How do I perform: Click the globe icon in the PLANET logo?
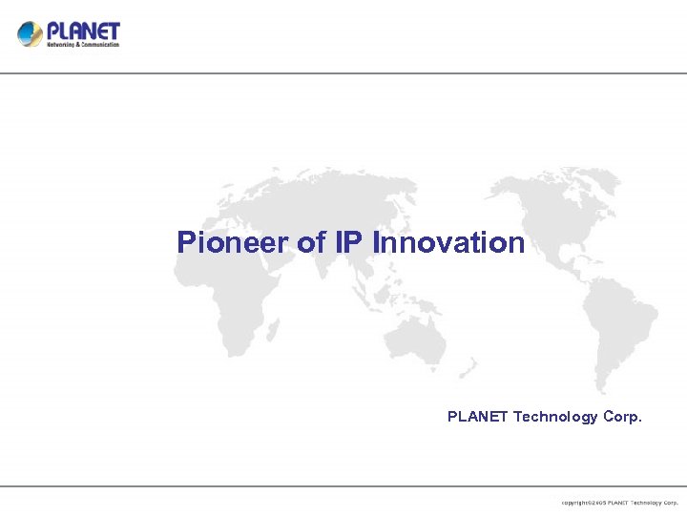[30, 34]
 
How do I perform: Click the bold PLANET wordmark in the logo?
[84, 30]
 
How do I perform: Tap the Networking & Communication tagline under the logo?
[84, 44]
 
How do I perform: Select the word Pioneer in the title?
[232, 242]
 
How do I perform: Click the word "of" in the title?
[312, 242]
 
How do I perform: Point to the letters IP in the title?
[350, 242]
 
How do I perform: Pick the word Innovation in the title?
[448, 242]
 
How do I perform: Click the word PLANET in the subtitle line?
[478, 417]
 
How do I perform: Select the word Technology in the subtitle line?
[555, 417]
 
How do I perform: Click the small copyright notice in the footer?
[619, 502]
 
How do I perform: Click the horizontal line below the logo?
[343, 73]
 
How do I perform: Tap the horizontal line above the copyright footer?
[343, 486]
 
